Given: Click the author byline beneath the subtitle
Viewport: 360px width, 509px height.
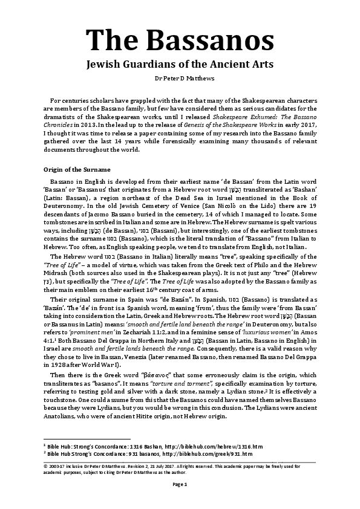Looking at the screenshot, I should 180,79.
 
